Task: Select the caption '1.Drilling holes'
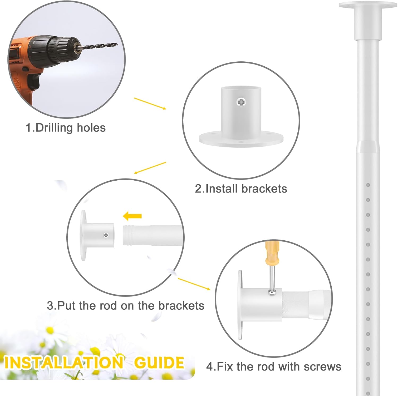click(66, 128)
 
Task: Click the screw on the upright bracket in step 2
click(241, 102)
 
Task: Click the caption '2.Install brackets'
click(241, 189)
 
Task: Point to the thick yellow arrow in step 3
click(133, 216)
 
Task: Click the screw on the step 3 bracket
click(106, 235)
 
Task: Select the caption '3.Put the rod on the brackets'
click(126, 306)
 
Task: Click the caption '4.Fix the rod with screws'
click(274, 367)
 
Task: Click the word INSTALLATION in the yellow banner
click(64, 363)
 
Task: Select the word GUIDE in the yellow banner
click(159, 363)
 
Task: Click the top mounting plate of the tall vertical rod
click(367, 5)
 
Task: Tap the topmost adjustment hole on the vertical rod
click(368, 185)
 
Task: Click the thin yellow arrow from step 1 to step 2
click(150, 103)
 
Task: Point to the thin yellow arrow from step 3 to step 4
click(194, 284)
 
